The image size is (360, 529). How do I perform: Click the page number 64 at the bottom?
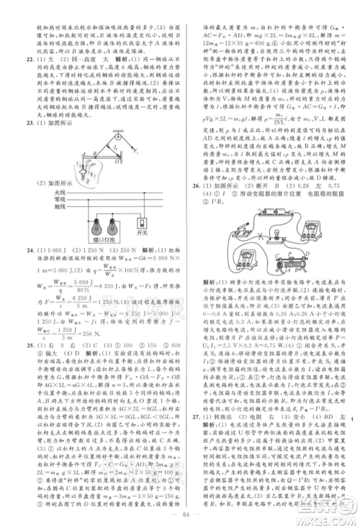pos(179,512)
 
